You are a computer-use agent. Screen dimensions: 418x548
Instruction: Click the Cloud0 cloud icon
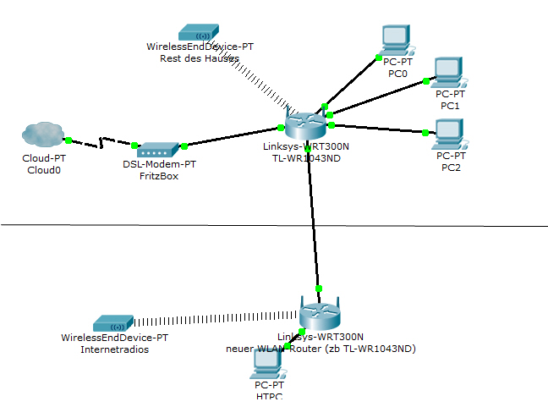click(x=43, y=135)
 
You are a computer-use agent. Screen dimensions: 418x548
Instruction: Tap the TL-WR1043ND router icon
click(x=304, y=124)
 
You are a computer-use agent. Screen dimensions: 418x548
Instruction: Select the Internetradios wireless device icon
click(x=115, y=322)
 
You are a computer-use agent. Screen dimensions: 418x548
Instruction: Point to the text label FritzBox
click(x=159, y=176)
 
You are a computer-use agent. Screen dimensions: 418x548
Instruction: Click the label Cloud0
click(x=43, y=169)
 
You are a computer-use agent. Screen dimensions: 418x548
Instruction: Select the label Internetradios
click(x=115, y=349)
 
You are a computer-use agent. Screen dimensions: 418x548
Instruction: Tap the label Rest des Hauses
click(x=200, y=58)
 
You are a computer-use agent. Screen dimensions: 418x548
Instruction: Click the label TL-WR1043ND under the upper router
click(x=303, y=157)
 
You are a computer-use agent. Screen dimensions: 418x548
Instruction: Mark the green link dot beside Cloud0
click(x=68, y=140)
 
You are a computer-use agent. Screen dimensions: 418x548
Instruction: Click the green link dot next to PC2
click(x=424, y=132)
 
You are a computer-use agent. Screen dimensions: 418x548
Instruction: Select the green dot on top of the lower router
click(x=319, y=289)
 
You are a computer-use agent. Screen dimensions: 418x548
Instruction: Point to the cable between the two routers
click(x=315, y=220)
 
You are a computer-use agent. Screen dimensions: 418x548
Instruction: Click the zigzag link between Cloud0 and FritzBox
click(x=101, y=143)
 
